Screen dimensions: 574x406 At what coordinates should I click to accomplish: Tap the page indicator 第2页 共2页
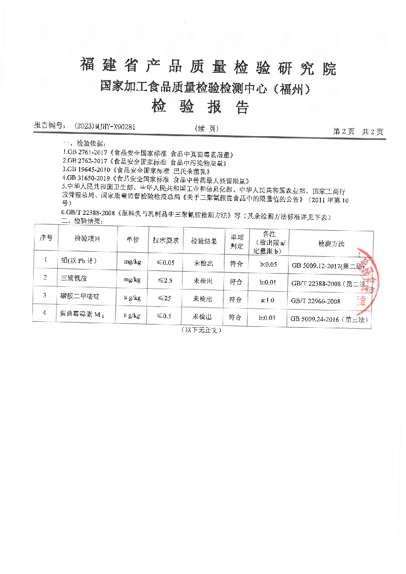pyautogui.click(x=358, y=131)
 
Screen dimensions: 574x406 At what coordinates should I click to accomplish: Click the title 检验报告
pyautogui.click(x=200, y=107)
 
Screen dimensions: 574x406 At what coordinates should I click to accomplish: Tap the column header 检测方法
pyautogui.click(x=331, y=244)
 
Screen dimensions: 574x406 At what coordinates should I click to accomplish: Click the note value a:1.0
pyautogui.click(x=268, y=300)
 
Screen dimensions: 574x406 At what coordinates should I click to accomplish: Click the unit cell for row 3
pyautogui.click(x=132, y=298)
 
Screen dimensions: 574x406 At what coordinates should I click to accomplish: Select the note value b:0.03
pyautogui.click(x=268, y=318)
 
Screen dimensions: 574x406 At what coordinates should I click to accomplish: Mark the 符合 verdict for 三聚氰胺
pyautogui.click(x=236, y=281)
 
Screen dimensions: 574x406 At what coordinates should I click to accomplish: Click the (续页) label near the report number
pyautogui.click(x=206, y=129)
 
